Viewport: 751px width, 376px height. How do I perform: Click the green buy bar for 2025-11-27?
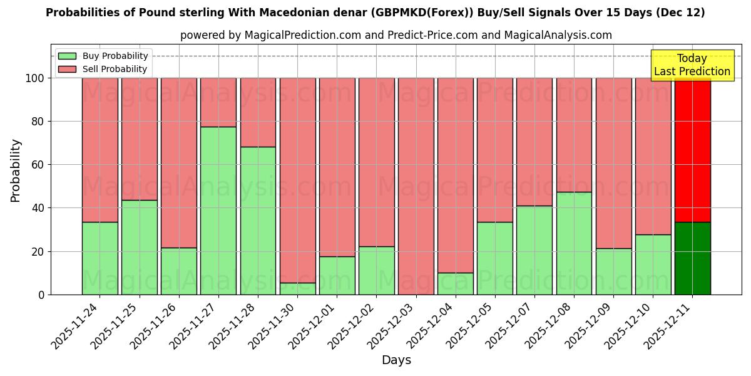pyautogui.click(x=218, y=211)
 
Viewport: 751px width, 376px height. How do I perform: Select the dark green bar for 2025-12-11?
pyautogui.click(x=693, y=258)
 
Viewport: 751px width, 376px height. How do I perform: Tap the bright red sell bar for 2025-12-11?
pyautogui.click(x=693, y=150)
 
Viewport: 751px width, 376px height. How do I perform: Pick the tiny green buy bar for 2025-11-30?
pyautogui.click(x=297, y=289)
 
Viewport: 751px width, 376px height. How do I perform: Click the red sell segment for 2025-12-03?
pyautogui.click(x=416, y=186)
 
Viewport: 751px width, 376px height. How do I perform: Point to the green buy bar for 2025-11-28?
pyautogui.click(x=258, y=221)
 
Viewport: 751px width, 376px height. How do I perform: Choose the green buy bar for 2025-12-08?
pyautogui.click(x=574, y=243)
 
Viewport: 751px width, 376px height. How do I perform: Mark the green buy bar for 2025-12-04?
pyautogui.click(x=456, y=283)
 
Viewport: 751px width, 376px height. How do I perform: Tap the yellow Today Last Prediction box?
pyautogui.click(x=692, y=65)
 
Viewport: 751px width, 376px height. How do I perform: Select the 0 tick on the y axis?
pyautogui.click(x=41, y=295)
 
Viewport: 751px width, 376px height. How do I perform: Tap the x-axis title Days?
pyautogui.click(x=396, y=360)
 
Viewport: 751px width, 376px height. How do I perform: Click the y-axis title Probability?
pyautogui.click(x=16, y=170)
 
